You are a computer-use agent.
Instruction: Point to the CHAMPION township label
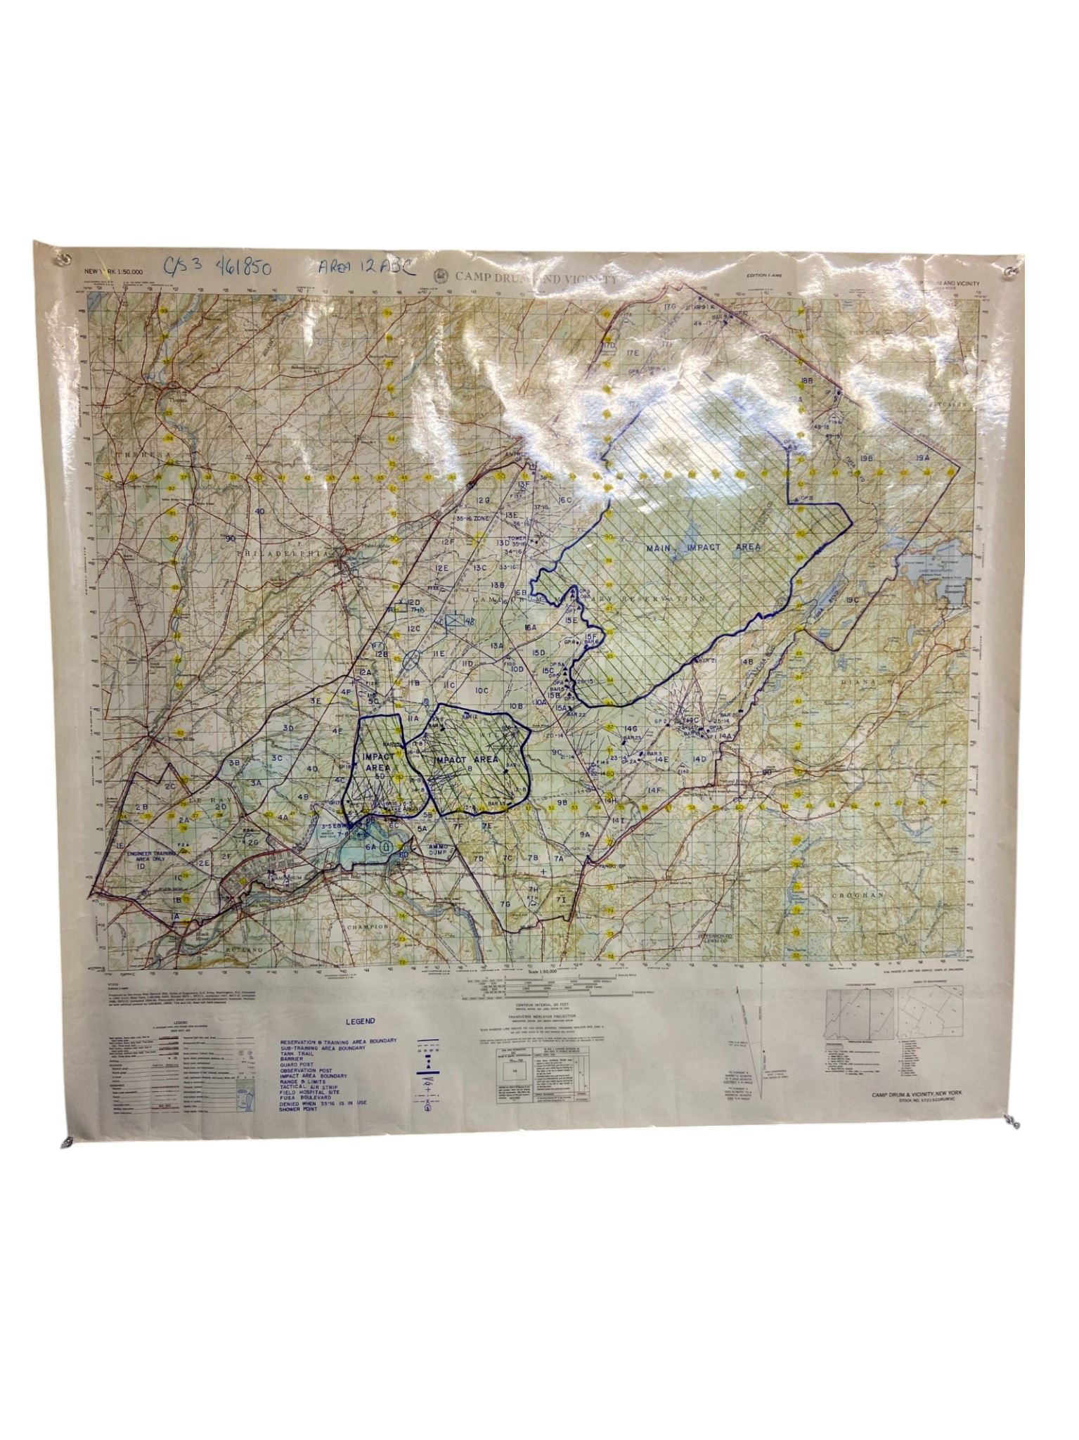[368, 927]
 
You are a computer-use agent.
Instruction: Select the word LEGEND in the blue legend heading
[360, 1022]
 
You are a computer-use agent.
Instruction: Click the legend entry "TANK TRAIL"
[299, 1053]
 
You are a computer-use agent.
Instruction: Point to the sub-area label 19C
[853, 600]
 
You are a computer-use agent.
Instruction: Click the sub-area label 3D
[288, 728]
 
